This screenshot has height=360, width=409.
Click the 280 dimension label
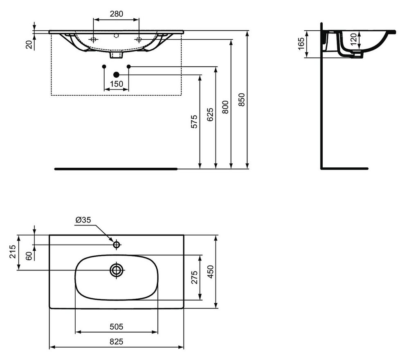[116, 13]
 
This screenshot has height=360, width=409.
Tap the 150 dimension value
[116, 84]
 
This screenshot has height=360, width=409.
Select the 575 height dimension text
[194, 122]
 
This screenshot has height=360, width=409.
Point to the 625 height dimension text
[210, 114]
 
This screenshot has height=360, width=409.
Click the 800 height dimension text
[225, 107]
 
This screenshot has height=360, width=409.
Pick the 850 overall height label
[242, 99]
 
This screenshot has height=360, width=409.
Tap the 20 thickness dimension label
[29, 45]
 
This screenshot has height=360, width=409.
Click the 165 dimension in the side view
[301, 44]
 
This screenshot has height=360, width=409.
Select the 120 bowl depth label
[353, 39]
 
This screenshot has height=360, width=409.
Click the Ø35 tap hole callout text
[83, 220]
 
